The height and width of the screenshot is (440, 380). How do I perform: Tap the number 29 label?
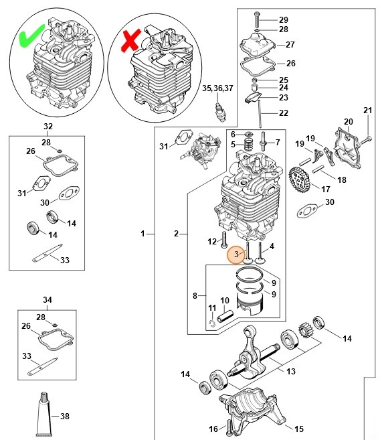point(283,19)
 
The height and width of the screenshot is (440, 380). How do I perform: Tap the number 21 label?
point(367,111)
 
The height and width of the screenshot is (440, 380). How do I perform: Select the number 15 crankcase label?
point(299,429)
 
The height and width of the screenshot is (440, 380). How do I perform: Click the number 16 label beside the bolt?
point(213,429)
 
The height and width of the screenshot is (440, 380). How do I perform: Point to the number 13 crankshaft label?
point(290,372)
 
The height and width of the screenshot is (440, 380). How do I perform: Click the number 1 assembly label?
point(142,234)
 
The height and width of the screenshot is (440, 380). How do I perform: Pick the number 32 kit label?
point(47,126)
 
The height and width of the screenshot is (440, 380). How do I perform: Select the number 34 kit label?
point(47,300)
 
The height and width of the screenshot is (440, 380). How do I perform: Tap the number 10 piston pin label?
point(225,300)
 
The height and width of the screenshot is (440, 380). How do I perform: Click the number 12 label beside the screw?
point(211,241)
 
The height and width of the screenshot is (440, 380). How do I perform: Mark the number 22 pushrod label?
point(283,113)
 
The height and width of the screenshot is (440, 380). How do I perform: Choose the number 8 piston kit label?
point(195,295)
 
